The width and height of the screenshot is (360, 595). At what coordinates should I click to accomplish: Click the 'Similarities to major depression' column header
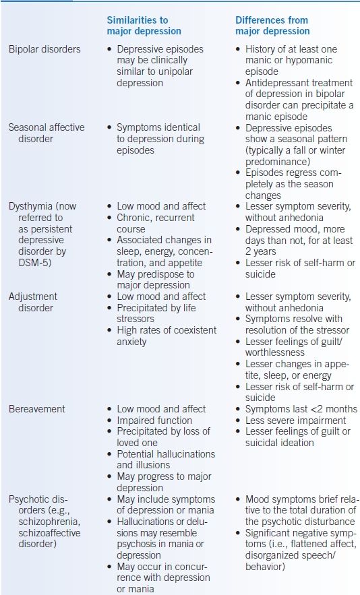[x=144, y=26]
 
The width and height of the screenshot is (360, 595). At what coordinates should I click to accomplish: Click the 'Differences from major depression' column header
[x=272, y=26]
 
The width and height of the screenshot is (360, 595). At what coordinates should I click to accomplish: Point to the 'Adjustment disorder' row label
[x=32, y=302]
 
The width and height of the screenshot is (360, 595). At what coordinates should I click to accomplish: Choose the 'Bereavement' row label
[x=36, y=409]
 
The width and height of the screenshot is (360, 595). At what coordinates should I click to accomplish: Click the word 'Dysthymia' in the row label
[x=32, y=206]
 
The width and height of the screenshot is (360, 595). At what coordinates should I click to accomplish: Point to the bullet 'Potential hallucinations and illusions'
[x=165, y=460]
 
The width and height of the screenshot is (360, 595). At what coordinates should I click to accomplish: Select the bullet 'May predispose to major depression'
[x=156, y=280]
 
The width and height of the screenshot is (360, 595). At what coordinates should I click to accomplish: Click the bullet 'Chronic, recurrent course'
[x=155, y=224]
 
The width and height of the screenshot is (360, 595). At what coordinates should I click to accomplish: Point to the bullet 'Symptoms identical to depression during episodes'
[x=158, y=138]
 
